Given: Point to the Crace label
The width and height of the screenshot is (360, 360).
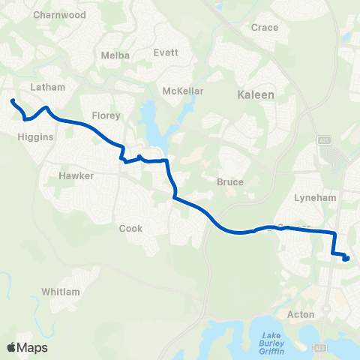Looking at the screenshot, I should [265, 28].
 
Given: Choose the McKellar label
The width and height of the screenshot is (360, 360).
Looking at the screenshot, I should [183, 91].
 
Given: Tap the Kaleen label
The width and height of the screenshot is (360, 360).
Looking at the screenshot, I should [256, 95].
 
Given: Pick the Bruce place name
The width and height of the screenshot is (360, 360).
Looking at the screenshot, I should [230, 181].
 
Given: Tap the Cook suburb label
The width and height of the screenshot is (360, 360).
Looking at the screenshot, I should [130, 229].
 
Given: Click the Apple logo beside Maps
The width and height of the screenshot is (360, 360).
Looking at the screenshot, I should [11, 347].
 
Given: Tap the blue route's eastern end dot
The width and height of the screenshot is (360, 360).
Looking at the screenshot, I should [346, 259].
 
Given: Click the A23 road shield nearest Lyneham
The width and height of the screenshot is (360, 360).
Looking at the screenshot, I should [324, 139].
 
